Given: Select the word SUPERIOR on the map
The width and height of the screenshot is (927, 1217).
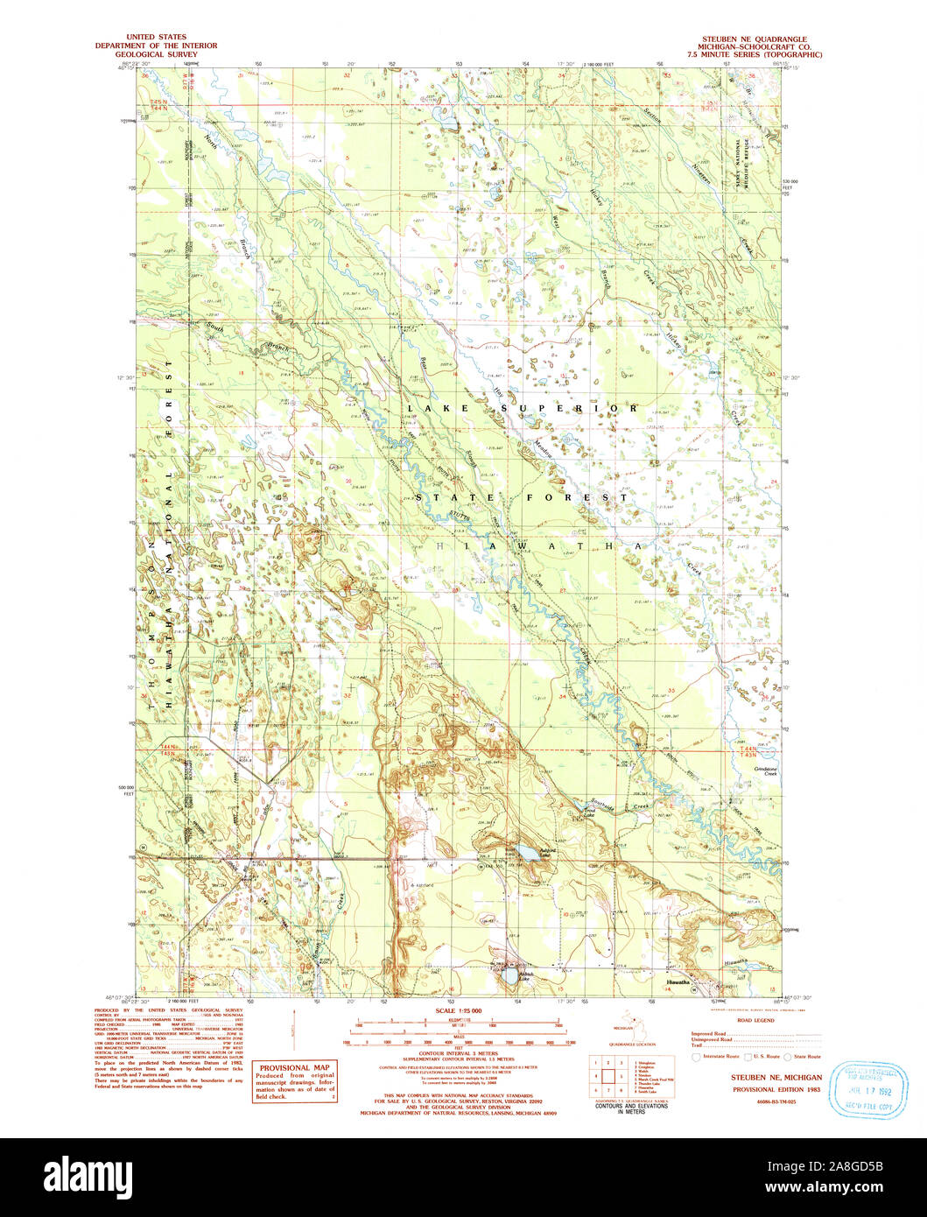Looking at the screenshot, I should tap(579, 408).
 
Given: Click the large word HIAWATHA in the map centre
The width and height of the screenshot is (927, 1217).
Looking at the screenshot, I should tap(539, 545).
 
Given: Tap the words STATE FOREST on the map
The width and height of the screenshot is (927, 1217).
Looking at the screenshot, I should tap(522, 497).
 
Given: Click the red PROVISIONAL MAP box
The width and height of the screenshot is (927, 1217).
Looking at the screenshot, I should tap(288, 1081).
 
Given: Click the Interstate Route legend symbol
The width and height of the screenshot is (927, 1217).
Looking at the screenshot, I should tap(696, 1057).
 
